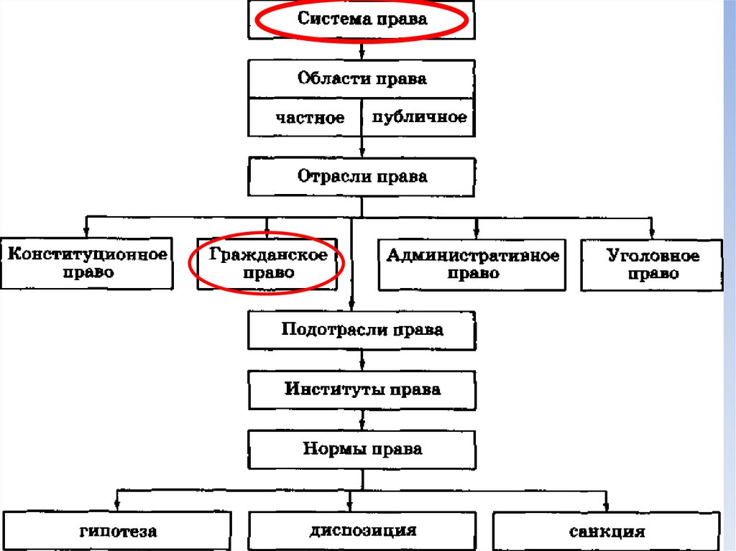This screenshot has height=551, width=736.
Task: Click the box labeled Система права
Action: coord(362,19)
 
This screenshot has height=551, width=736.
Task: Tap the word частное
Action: coord(310,118)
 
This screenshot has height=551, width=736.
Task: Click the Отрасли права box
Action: coord(362,177)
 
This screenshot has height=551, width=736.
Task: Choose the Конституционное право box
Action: coord(87,264)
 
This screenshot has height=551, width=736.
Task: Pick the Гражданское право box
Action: coord(267,264)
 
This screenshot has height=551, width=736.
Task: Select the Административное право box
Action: coord(472,264)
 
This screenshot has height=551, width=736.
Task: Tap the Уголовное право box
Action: coord(652,264)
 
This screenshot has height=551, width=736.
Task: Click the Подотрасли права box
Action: coord(362,330)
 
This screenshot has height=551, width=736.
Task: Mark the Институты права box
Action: coord(362,389)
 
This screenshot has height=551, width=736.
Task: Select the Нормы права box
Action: coord(362,450)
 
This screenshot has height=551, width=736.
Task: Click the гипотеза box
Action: coord(118,532)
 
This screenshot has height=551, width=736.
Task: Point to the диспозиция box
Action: coord(363,532)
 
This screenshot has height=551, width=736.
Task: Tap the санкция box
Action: coord(607,532)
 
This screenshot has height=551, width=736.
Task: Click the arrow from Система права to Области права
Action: coord(362,50)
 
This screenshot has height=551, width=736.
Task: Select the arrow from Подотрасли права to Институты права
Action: coord(362,360)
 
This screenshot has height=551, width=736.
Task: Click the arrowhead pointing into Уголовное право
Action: coord(651,233)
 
